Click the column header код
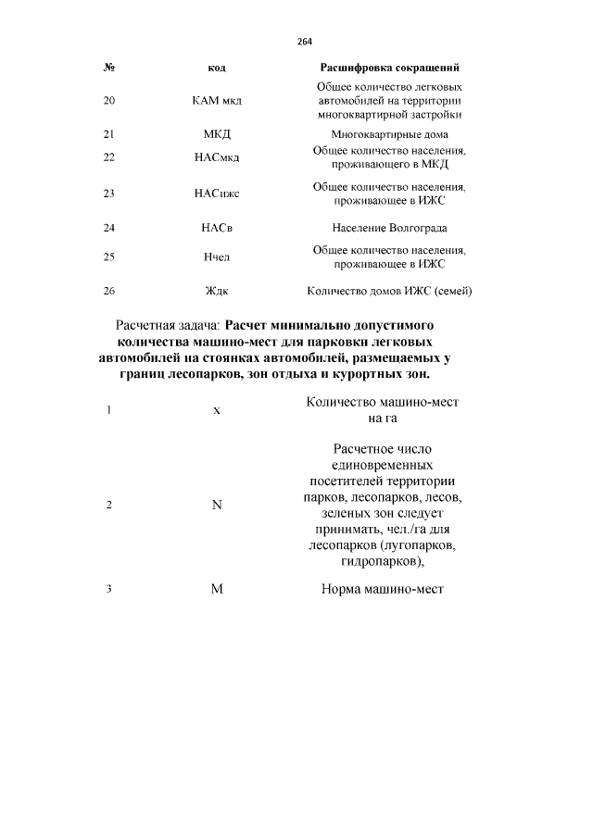coord(217,69)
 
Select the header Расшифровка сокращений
coord(389,69)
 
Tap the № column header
coord(109,69)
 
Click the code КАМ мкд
coord(217,101)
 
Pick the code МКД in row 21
coord(217,134)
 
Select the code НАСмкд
coord(217,157)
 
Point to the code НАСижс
coord(217,194)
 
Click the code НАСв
coord(217,228)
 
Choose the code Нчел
coord(217,257)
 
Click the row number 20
coord(109,101)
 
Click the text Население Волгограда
coord(389,228)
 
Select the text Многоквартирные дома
coord(389,134)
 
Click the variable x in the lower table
coord(217,410)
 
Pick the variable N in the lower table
coord(217,506)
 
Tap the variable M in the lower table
coord(217,589)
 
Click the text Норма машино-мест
coord(383,589)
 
